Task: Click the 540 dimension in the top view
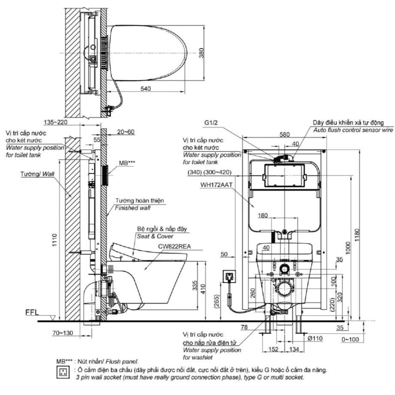(146, 89)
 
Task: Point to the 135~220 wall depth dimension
(57, 122)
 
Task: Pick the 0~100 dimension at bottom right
(351, 339)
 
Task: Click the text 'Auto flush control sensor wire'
(353, 130)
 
